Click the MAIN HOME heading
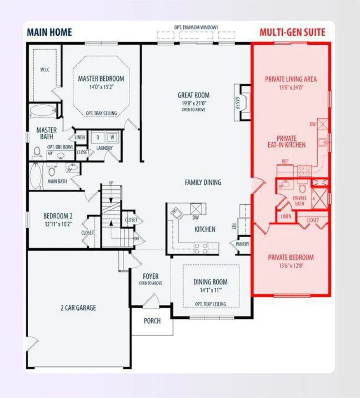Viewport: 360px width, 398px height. click(x=49, y=32)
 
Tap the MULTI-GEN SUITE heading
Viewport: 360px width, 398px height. click(x=292, y=32)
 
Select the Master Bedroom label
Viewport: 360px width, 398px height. click(x=101, y=79)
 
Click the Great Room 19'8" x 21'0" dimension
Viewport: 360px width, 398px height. click(x=193, y=103)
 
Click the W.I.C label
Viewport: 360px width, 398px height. click(x=45, y=70)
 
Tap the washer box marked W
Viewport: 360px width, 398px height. click(x=112, y=137)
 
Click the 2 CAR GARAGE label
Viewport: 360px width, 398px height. click(x=78, y=308)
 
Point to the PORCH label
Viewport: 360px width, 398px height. click(x=152, y=321)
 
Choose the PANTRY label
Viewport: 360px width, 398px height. click(x=242, y=244)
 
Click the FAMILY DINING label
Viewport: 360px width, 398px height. click(x=203, y=182)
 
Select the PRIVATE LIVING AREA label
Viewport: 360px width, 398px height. click(x=291, y=79)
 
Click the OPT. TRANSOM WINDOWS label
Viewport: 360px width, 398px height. click(x=196, y=28)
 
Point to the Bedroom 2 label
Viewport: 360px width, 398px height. click(x=58, y=216)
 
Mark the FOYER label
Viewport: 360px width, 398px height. click(x=151, y=276)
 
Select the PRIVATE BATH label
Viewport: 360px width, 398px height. click(x=299, y=201)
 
